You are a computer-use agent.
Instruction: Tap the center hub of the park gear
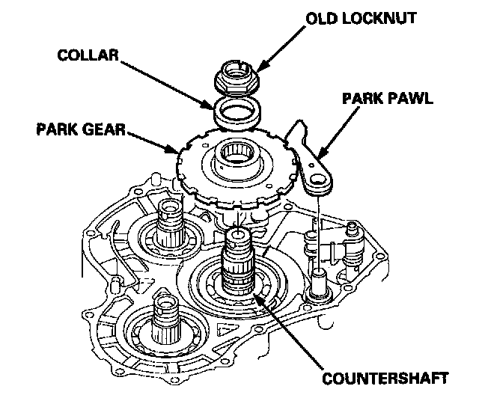point(237,159)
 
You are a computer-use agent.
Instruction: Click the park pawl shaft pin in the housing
point(320,278)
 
